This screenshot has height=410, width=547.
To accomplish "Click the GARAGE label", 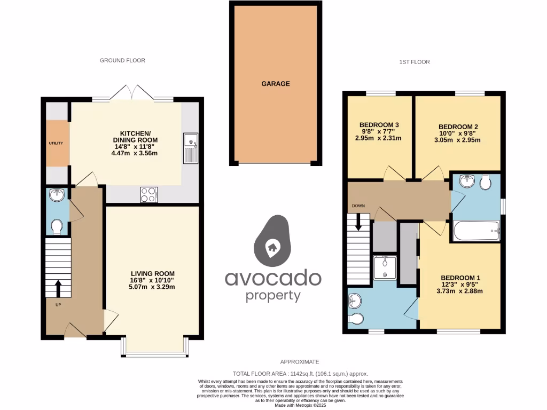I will pos(276,84).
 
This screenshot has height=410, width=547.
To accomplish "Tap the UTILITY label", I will pos(56,143).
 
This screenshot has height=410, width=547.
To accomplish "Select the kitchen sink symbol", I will pos(190,148).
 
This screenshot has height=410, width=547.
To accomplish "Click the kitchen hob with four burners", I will pos(149,195).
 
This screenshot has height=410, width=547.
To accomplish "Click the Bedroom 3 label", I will pos(379,125).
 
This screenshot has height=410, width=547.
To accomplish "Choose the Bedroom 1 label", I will pos(460,278).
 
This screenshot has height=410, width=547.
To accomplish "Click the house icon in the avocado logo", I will pos(272,247).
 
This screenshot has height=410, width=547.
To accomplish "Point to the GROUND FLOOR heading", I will pos(122,60).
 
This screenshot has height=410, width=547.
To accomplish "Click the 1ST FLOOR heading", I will pos(415,62).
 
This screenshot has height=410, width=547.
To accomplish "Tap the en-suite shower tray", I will pos(385,267).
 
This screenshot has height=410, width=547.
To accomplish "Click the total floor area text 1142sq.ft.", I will pos(300,374).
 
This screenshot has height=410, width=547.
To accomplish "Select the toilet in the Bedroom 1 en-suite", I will pos(355,319).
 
